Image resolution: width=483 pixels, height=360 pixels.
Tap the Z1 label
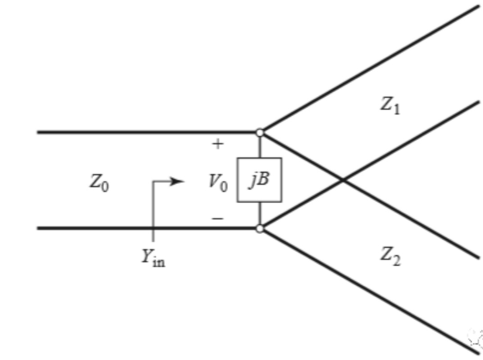(x=389, y=106)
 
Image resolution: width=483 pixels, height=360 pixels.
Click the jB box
(x=259, y=180)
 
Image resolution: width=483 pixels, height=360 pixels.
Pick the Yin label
(x=153, y=258)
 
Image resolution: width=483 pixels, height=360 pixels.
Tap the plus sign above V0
(x=218, y=144)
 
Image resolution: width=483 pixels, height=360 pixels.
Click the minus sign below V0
(x=218, y=218)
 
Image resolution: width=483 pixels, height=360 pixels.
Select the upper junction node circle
(x=260, y=132)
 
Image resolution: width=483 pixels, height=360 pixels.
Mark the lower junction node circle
(x=260, y=228)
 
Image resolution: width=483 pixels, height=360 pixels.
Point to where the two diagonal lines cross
(x=343, y=180)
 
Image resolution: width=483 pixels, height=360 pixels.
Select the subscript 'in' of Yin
(x=158, y=261)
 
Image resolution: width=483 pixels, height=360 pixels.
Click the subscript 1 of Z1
(x=396, y=109)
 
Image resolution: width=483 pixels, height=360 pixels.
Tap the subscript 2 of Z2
(x=396, y=261)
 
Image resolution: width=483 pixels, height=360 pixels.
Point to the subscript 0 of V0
(x=224, y=186)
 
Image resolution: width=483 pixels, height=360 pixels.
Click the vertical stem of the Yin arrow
(x=153, y=211)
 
